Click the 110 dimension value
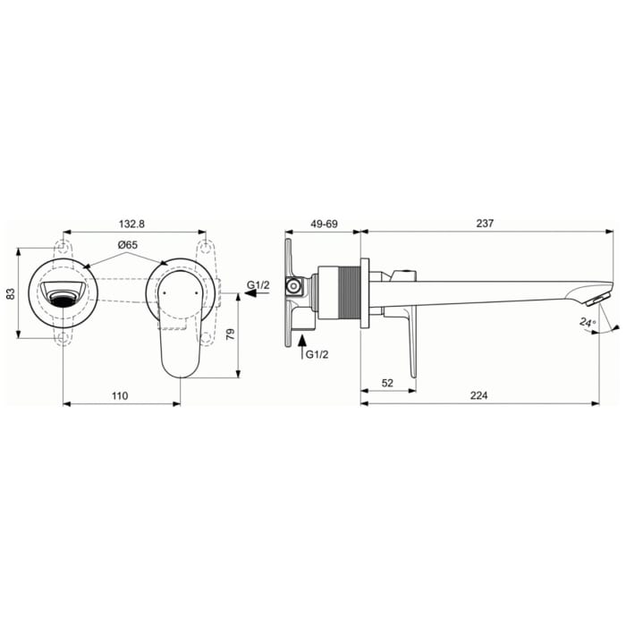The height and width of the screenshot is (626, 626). point(120,394)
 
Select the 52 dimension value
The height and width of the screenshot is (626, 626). point(388,382)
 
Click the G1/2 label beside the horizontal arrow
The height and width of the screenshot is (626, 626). point(259,285)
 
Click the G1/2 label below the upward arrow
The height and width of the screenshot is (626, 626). point(318,355)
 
